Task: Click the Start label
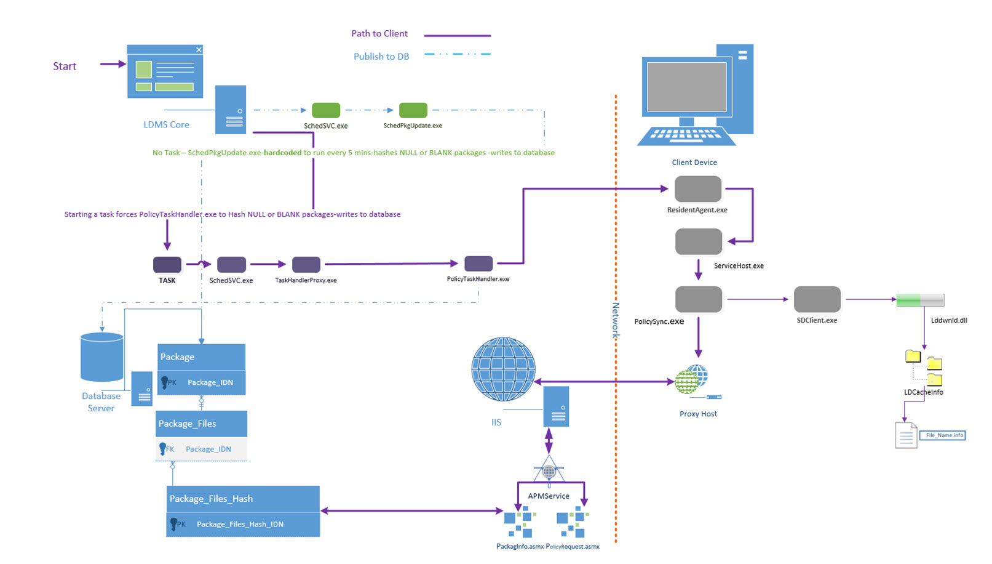(x=65, y=66)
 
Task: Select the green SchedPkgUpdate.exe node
(x=413, y=110)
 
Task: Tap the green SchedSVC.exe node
(x=326, y=110)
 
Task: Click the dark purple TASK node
(x=167, y=265)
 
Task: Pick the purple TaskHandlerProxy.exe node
(x=306, y=265)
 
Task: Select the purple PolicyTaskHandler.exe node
(x=478, y=264)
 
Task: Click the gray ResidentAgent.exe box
(x=697, y=189)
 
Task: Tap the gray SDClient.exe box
(x=817, y=299)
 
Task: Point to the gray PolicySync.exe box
(x=698, y=299)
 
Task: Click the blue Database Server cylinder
(x=102, y=358)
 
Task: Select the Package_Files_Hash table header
(x=243, y=499)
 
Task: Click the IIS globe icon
(x=503, y=369)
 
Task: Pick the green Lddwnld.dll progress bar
(x=919, y=300)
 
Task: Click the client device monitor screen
(x=686, y=86)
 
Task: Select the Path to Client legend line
(x=457, y=36)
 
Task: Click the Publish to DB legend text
(x=381, y=57)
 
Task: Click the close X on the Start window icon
(x=199, y=50)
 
